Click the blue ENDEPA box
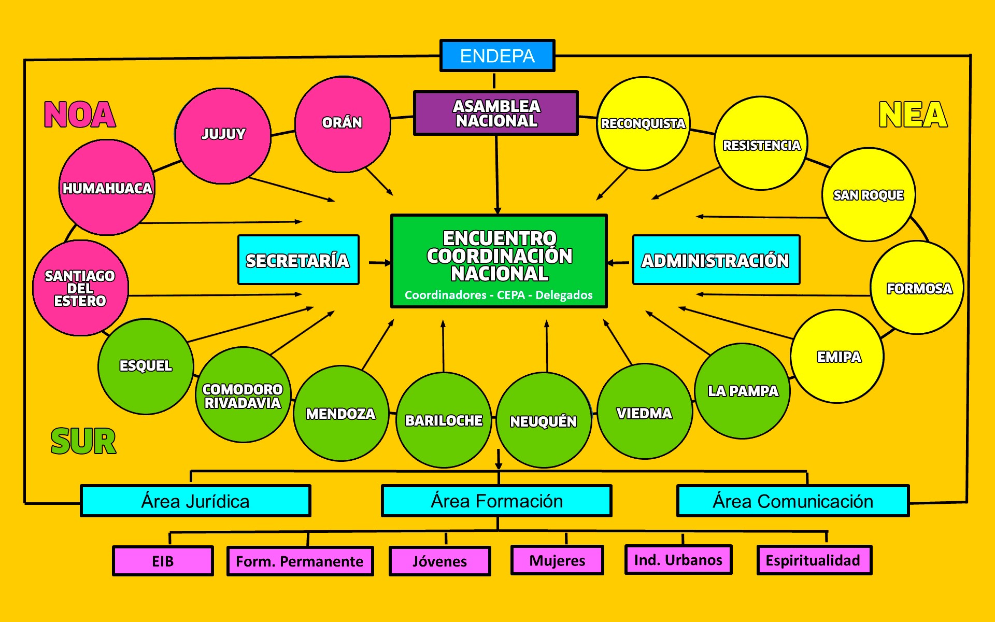tap(497, 55)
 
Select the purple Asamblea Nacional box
tap(495, 113)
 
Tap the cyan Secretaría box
tap(298, 260)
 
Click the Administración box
tap(716, 260)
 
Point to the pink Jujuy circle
tap(223, 136)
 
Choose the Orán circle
tap(342, 124)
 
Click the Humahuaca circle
tap(107, 188)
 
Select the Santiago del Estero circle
tap(80, 288)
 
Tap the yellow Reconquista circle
tap(643, 123)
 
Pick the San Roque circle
tap(869, 195)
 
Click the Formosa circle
tap(917, 288)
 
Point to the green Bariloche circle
tap(444, 420)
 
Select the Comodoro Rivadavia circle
tap(243, 395)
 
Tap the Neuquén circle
tap(544, 421)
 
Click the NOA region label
tap(80, 115)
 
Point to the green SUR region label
tap(83, 441)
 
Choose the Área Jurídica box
tap(195, 501)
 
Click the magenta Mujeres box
tap(557, 560)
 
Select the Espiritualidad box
tap(814, 560)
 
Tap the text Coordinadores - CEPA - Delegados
tap(499, 295)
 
